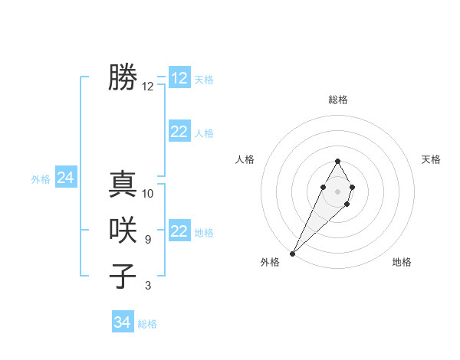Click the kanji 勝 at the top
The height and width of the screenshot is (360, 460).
tap(123, 78)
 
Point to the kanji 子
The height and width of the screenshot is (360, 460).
tap(123, 276)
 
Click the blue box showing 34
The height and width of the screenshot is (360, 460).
tap(123, 322)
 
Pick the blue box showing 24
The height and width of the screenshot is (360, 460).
tap(65, 178)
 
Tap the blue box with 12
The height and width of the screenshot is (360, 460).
tap(179, 78)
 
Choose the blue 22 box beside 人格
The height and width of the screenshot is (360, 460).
tap(179, 132)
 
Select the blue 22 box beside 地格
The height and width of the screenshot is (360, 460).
tap(179, 231)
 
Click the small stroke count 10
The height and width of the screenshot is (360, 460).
tap(148, 194)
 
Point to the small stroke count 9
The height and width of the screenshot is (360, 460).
tap(148, 240)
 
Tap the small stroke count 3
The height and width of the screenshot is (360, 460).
tap(148, 286)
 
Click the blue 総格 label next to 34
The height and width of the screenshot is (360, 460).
tap(147, 324)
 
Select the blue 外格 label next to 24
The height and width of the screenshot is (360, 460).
tap(41, 179)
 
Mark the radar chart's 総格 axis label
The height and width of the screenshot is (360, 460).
tap(337, 100)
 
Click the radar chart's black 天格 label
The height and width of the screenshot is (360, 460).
tap(431, 159)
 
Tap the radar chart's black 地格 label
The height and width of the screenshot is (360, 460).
tap(402, 262)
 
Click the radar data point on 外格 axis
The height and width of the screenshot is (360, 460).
tap(292, 253)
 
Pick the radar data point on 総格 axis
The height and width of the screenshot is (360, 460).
tap(337, 161)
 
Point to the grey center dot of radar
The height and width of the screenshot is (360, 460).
tap(337, 191)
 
